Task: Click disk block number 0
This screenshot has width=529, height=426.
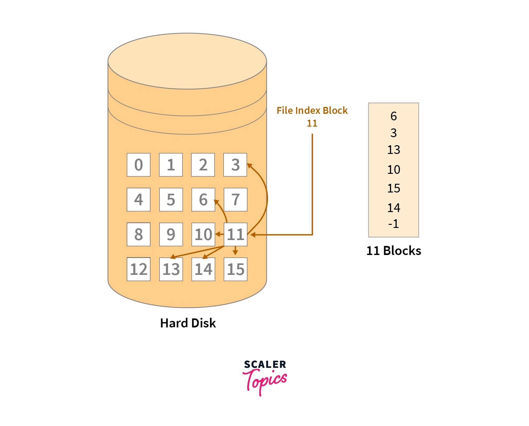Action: [x=138, y=165]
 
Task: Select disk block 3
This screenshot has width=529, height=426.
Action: [x=235, y=165]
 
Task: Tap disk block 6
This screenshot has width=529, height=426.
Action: [x=203, y=200]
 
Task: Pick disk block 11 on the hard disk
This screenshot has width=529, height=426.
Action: [x=235, y=234]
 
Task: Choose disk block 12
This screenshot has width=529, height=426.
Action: [x=138, y=269]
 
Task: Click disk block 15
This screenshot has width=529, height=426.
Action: [x=235, y=269]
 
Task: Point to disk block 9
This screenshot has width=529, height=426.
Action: [x=171, y=234]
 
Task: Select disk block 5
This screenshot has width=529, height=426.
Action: [x=171, y=200]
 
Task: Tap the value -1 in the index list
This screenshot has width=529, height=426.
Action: [x=393, y=224]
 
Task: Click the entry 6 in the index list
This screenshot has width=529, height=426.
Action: [x=393, y=116]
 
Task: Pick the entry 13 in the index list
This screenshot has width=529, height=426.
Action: [x=393, y=150]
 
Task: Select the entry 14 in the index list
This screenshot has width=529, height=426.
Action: [x=393, y=208]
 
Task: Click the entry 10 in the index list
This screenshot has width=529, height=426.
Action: [x=393, y=170]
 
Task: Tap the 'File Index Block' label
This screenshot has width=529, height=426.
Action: [x=312, y=111]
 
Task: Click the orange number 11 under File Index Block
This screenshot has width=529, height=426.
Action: [x=312, y=123]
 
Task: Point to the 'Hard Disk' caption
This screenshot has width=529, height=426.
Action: [x=188, y=323]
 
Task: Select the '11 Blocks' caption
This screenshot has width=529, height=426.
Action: [x=393, y=251]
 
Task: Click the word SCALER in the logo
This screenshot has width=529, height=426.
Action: [x=265, y=364]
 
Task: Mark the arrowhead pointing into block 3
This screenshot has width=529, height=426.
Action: [x=249, y=165]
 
